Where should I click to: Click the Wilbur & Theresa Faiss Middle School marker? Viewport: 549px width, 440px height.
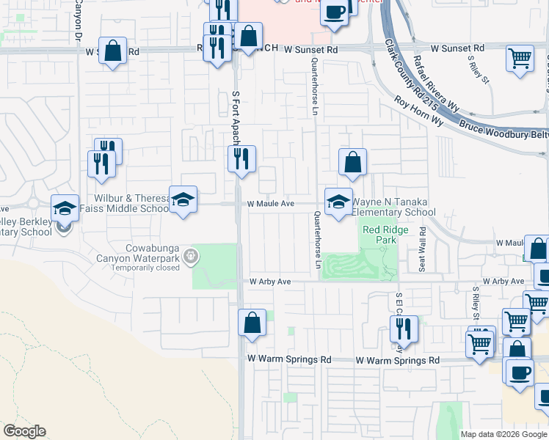(x=183, y=199)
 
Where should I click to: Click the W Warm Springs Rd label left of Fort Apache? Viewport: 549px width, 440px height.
(x=289, y=360)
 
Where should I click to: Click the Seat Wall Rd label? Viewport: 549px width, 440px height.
(x=423, y=250)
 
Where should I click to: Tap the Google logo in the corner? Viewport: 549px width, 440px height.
(x=24, y=431)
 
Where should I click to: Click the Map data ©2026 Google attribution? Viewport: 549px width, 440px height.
(x=504, y=434)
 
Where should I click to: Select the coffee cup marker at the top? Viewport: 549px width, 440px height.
(x=335, y=12)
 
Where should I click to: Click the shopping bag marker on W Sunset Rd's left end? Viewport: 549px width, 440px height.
(x=112, y=51)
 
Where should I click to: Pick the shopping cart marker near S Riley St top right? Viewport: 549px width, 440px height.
(x=520, y=58)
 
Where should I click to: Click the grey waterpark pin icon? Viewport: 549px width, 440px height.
(x=191, y=255)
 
